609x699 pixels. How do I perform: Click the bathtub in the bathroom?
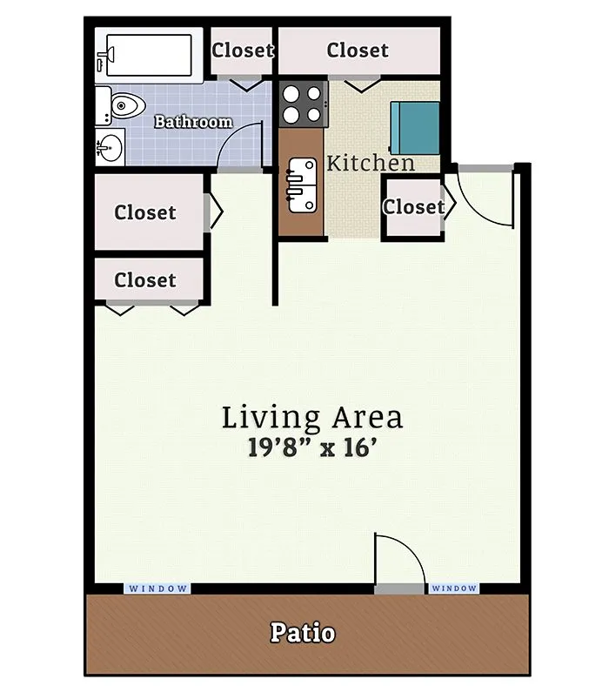[x=149, y=56]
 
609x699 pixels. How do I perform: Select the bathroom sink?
[x=110, y=147]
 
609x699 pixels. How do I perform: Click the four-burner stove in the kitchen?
[x=303, y=104]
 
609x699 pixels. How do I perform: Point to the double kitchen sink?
[x=303, y=185]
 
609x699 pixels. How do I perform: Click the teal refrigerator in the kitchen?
[x=415, y=128]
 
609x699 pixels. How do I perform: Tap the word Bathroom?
[x=193, y=122]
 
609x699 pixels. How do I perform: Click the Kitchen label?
[x=371, y=163]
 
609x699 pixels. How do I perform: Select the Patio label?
[x=303, y=633]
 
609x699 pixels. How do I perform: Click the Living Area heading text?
[x=312, y=418]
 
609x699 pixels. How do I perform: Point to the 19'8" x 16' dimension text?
[x=312, y=447]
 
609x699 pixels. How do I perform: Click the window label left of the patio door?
[x=157, y=588]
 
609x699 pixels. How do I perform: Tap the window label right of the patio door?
[x=454, y=588]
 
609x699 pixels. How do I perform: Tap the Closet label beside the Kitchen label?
[x=414, y=207]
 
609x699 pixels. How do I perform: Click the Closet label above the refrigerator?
[x=358, y=50]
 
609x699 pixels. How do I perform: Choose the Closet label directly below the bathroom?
[x=145, y=212]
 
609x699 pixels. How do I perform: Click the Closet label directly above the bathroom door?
[x=243, y=50]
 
